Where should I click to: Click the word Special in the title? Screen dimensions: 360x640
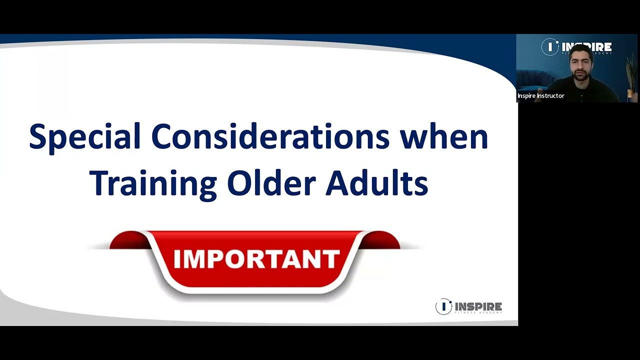[84, 137]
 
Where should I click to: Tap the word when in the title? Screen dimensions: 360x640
[443, 136]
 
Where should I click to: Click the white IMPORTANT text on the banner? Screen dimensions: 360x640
[256, 258]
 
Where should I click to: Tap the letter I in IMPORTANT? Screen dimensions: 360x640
[176, 258]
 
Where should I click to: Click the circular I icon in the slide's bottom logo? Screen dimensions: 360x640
[443, 306]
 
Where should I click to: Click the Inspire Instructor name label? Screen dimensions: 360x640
[540, 95]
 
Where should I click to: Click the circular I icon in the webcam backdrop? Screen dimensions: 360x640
[550, 47]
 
